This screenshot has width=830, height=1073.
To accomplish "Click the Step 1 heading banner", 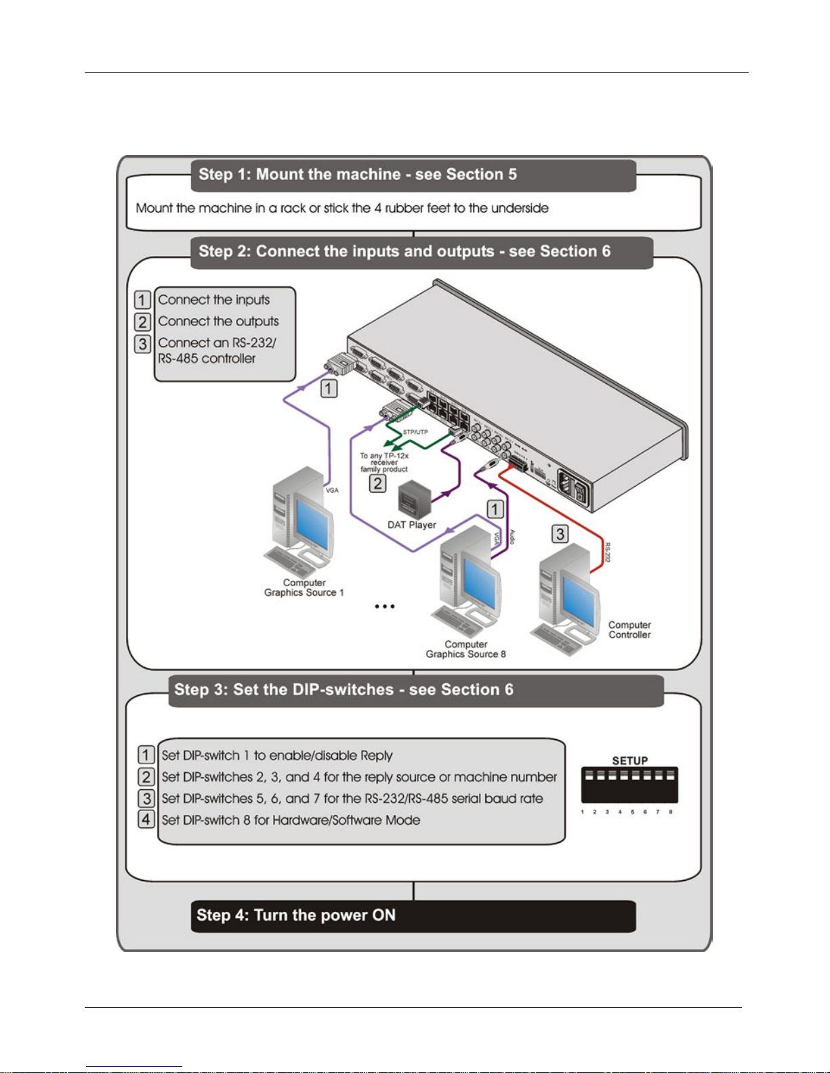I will click(x=413, y=175).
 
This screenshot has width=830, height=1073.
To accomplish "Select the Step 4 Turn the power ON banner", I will click(x=413, y=916).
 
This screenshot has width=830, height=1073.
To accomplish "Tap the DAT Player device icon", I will click(x=413, y=500).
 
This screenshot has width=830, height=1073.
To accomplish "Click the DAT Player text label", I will click(x=412, y=525).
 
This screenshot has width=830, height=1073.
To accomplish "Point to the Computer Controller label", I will click(x=629, y=630).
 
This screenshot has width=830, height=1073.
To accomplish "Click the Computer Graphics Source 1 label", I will click(x=304, y=588).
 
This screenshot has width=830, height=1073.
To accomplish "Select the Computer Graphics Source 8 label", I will click(x=465, y=649).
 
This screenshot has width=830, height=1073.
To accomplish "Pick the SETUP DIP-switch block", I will click(x=629, y=785).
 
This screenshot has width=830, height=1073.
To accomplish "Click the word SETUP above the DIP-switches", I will click(x=630, y=760).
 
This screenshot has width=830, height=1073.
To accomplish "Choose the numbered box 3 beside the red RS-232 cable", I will click(x=560, y=534).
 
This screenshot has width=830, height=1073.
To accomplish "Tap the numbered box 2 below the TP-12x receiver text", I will click(x=377, y=483).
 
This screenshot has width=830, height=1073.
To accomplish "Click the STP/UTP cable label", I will click(x=415, y=432).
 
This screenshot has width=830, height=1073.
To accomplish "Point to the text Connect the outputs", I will click(x=218, y=322).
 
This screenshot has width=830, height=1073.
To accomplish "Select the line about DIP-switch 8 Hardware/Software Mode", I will click(x=291, y=820).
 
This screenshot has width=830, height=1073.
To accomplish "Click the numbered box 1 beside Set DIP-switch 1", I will click(x=146, y=755).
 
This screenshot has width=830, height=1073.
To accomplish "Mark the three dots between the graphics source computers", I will click(x=385, y=607).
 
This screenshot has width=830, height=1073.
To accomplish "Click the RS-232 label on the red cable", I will click(x=607, y=552).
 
